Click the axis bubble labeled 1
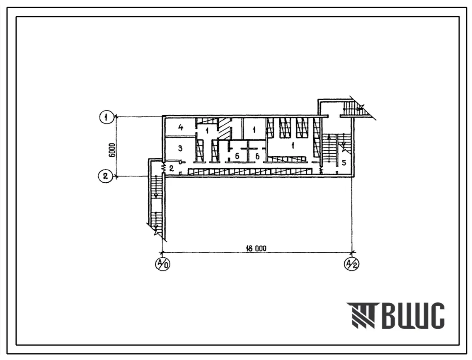106,117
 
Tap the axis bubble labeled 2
105,176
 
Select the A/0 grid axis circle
162,264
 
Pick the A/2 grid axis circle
351,264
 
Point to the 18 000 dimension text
255,249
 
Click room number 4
181,127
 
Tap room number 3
180,148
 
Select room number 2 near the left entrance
171,168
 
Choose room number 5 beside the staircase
344,163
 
